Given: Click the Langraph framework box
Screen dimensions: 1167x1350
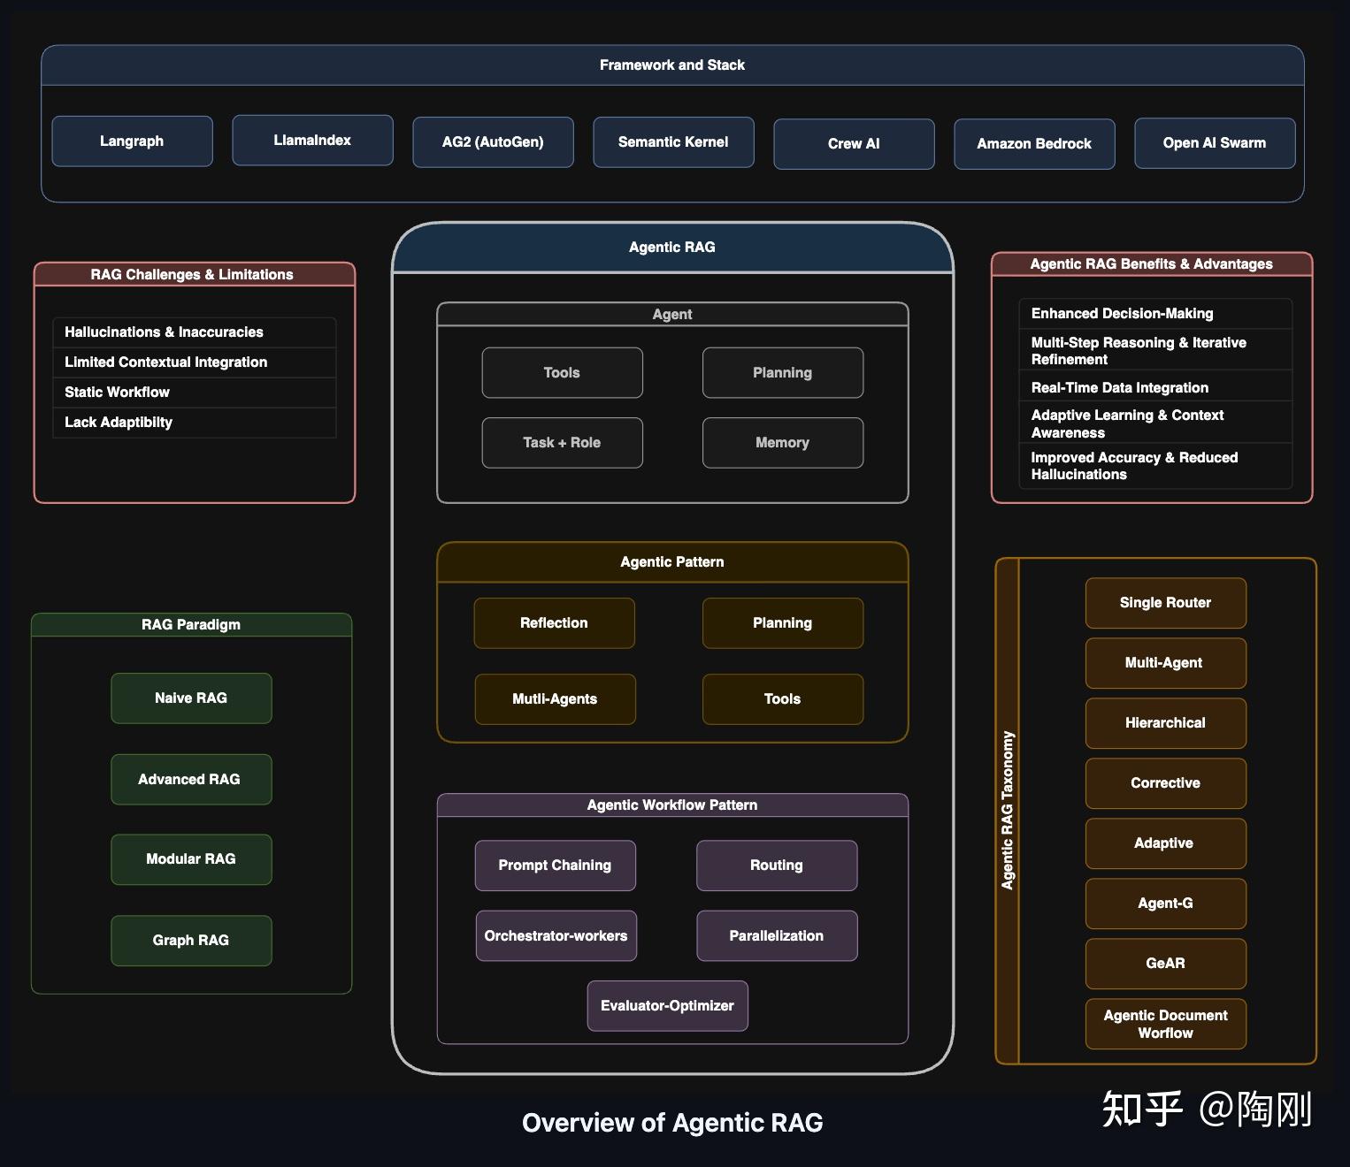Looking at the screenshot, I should point(132,141).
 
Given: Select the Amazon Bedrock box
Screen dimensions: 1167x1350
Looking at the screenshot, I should point(1034,144).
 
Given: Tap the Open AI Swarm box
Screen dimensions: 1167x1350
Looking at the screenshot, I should point(1215,143).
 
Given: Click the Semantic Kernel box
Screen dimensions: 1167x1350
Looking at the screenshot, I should point(673,142).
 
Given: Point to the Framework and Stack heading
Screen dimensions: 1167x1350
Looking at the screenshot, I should point(672,65).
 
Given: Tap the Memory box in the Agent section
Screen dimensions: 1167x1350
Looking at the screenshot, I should point(782,443).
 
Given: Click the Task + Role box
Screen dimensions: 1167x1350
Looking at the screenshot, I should point(562,443).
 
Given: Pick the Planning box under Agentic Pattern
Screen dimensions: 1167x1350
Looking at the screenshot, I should point(782,623).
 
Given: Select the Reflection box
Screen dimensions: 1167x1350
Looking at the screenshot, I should point(554,623).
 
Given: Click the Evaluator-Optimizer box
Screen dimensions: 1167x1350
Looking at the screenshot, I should point(667,1006).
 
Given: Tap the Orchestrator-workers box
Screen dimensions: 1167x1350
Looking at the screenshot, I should point(556,936).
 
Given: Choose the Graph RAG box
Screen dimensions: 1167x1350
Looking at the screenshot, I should point(191,941).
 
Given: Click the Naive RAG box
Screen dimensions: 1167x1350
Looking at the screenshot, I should point(191,698).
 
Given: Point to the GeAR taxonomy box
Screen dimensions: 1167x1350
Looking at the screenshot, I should point(1165,964).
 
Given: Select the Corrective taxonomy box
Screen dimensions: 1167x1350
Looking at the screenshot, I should point(1165,783).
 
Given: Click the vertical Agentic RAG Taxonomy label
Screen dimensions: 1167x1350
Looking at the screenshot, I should point(1008,810).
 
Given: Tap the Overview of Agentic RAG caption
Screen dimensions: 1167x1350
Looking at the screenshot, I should point(672,1123).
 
